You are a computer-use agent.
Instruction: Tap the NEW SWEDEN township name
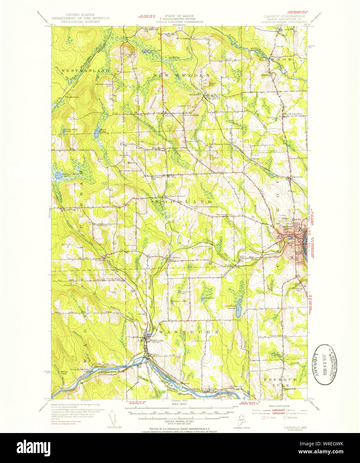[181, 76]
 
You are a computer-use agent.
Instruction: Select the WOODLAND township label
[183, 202]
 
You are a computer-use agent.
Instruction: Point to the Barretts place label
[296, 177]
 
